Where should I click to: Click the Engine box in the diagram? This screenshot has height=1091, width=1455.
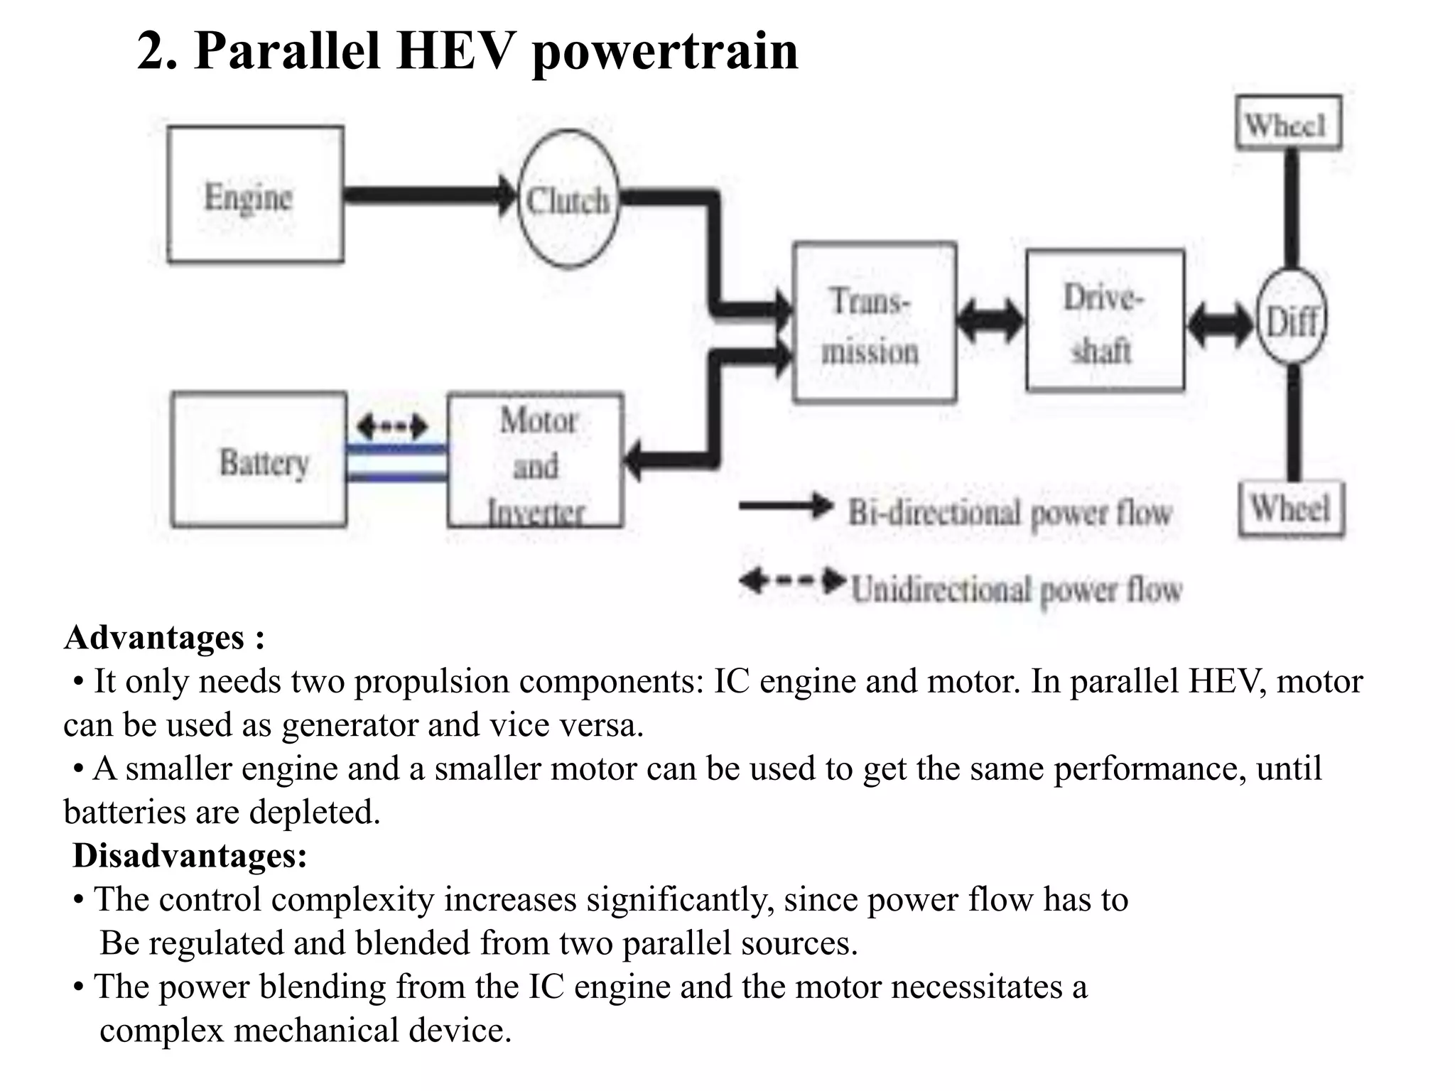click(x=255, y=195)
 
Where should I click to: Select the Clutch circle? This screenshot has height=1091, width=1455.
click(x=568, y=200)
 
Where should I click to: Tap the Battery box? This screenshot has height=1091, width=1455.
click(x=259, y=460)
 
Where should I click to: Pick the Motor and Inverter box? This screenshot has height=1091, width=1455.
click(x=536, y=460)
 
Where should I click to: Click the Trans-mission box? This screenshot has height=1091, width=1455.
click(x=874, y=323)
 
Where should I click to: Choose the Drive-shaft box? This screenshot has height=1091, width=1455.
click(x=1105, y=320)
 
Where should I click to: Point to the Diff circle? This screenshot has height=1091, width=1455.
click(x=1292, y=317)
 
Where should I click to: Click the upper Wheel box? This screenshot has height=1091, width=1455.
click(x=1288, y=124)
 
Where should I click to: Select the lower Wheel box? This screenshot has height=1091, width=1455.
click(x=1291, y=509)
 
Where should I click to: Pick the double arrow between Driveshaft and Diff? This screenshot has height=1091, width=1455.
click(x=1220, y=324)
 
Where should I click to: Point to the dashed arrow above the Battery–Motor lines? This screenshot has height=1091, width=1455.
click(x=393, y=426)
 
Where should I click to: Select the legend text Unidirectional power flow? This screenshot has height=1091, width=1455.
click(x=1016, y=590)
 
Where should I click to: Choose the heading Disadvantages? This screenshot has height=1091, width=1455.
click(x=190, y=855)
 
